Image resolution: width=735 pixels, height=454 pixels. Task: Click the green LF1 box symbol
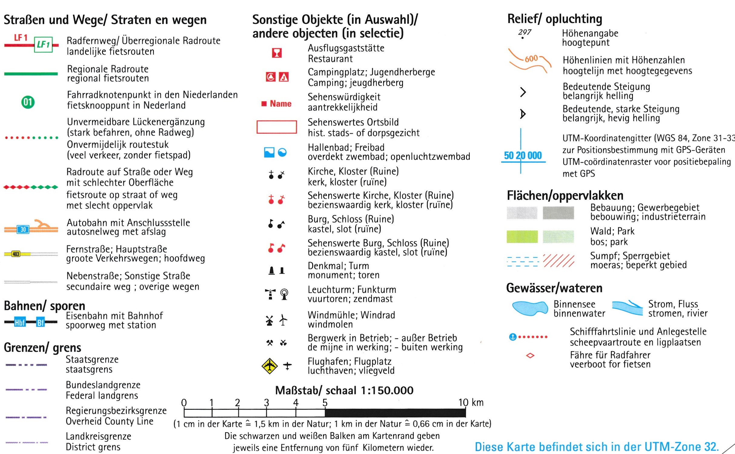pos(43,45)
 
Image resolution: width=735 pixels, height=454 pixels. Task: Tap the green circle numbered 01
pos(28,102)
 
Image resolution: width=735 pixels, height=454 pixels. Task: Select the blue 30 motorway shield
pos(23,229)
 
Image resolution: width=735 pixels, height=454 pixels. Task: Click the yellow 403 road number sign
pos(16,254)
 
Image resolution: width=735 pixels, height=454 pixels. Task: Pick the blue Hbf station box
pos(20,322)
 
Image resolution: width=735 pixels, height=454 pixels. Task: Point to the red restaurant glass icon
pos(276,53)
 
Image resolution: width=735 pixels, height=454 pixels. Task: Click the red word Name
pos(280,104)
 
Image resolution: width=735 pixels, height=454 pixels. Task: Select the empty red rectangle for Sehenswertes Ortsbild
pos(276,127)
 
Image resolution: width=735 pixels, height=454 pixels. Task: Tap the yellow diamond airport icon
pos(269,366)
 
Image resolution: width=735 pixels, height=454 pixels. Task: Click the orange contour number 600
pos(531,59)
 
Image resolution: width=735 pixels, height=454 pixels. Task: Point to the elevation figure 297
pos(525,32)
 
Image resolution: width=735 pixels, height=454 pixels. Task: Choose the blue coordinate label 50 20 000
pos(523,156)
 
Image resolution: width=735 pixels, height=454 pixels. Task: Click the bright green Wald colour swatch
pos(522,237)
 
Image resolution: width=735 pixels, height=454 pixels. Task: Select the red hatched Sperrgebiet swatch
pos(558,261)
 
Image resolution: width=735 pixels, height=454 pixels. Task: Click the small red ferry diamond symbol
pos(530,355)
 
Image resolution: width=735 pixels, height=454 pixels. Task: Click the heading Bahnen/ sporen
pos(45,306)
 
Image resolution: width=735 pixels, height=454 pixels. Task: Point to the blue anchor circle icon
pos(512,337)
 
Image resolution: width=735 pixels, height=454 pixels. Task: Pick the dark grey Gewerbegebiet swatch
pos(558,213)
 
